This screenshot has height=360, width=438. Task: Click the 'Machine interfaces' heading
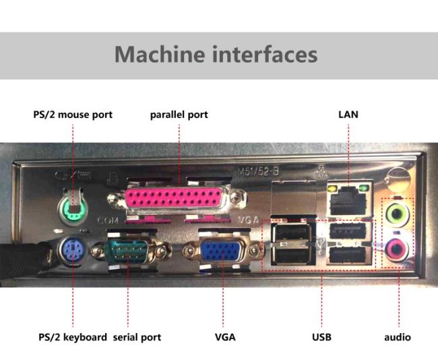pyautogui.click(x=216, y=54)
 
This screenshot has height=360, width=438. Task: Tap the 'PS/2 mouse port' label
pyautogui.click(x=73, y=115)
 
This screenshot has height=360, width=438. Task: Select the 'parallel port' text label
pyautogui.click(x=179, y=115)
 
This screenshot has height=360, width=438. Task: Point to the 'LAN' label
pyautogui.click(x=348, y=115)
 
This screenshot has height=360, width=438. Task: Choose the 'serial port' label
pyautogui.click(x=137, y=336)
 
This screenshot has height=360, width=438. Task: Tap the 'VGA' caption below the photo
pyautogui.click(x=225, y=336)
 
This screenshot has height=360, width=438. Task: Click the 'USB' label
pyautogui.click(x=321, y=336)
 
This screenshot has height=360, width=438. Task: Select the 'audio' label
pyautogui.click(x=398, y=336)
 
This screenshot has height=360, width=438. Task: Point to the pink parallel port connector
pyautogui.click(x=179, y=201)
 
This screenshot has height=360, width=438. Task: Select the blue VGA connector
pyautogui.click(x=220, y=253)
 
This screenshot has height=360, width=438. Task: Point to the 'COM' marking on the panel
pyautogui.click(x=108, y=221)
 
